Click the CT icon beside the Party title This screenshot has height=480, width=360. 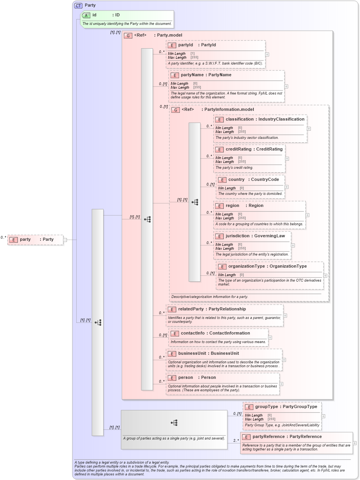click(78, 5)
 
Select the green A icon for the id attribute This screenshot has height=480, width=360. click(86, 15)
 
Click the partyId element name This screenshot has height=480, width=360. click(185, 45)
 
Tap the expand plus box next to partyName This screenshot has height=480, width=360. click(286, 87)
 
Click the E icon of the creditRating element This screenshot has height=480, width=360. click(219, 149)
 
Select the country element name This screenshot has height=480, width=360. click(236, 180)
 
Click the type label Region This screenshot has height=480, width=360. click(256, 206)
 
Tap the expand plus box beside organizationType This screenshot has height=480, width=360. click(325, 275)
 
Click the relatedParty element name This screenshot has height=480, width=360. click(191, 309)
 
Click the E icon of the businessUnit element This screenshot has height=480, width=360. click(172, 354)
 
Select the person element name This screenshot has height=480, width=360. click(186, 378)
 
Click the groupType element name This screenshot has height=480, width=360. click(267, 407)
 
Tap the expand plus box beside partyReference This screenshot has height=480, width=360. click(354, 443)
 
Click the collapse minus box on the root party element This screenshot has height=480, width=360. click(65, 240)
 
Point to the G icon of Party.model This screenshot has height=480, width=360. click(128, 35)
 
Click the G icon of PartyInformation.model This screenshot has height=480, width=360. click(176, 110)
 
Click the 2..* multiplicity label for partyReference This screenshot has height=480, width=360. click(236, 441)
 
